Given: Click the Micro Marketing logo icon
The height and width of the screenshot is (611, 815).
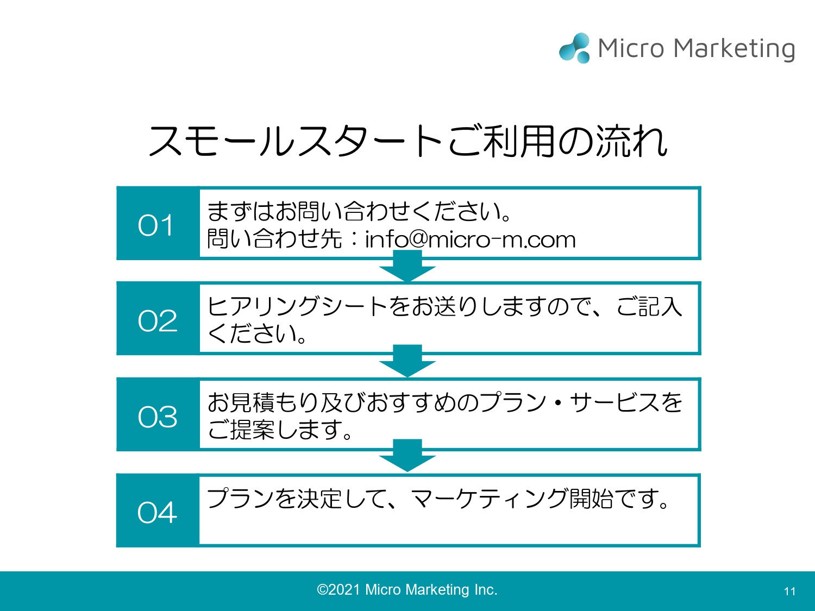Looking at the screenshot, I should coord(575,48).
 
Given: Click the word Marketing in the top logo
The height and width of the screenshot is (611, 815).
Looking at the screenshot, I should coord(735,49).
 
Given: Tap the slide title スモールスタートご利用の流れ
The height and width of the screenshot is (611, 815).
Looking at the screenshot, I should coord(407,141).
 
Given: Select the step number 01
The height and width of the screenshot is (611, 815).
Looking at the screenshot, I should coord(156,225).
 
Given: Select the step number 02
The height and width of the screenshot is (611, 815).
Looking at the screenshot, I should coord(158,320).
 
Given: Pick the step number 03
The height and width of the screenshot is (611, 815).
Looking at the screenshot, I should coord(158,417).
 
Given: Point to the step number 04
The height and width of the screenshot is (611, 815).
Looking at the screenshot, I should coord(158,512).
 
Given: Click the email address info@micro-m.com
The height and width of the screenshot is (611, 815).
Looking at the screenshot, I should coord(470,240).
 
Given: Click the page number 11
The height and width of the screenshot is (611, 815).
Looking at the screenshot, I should coord(789,591).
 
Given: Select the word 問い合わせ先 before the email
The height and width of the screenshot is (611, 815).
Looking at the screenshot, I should coord(274,239).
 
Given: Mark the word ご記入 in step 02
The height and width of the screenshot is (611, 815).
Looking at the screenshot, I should coord(649,306).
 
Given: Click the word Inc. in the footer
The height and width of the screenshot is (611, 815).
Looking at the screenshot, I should coord(485,590).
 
